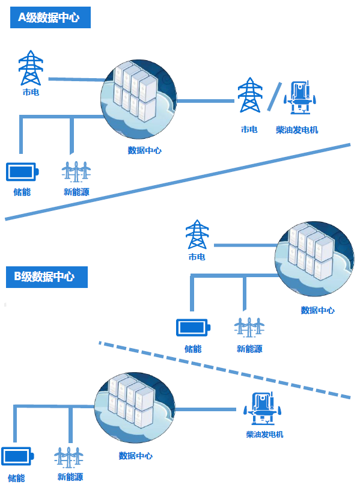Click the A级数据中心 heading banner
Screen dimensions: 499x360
(x=49, y=17)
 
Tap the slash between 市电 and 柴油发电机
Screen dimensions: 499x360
(x=274, y=97)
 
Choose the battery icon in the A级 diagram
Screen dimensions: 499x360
(x=22, y=172)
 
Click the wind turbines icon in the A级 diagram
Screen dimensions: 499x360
(x=76, y=171)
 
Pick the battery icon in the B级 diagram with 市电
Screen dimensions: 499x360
(x=193, y=328)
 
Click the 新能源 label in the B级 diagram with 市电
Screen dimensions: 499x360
(x=249, y=349)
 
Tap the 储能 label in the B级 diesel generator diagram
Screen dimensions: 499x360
(x=17, y=478)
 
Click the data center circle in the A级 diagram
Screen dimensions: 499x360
(x=138, y=99)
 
